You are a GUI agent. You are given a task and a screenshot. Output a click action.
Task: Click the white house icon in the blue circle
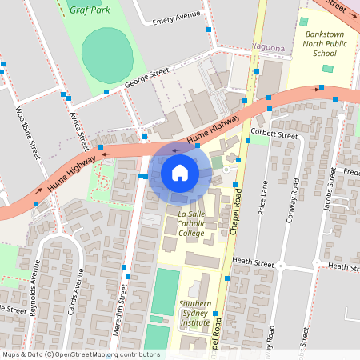click(180, 172)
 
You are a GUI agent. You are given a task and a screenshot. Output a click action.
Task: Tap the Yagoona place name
click(268, 48)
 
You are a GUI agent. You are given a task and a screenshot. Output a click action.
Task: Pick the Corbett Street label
click(273, 134)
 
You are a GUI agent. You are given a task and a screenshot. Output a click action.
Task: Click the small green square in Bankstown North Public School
click(326, 68)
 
